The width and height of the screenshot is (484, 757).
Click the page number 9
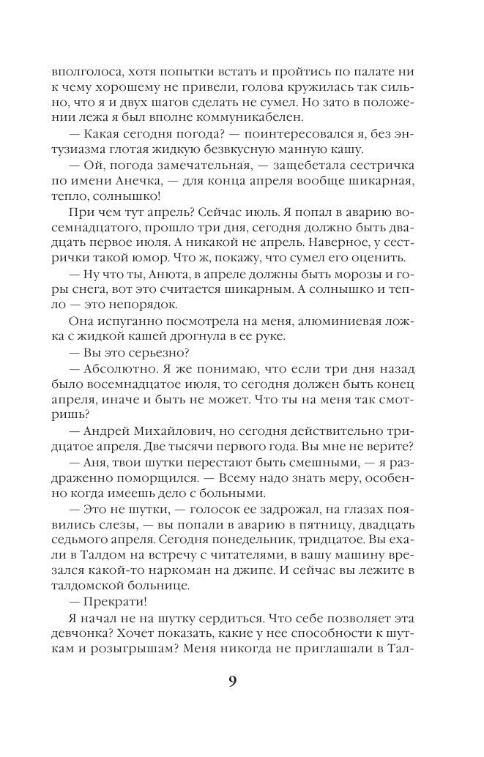tap(232, 682)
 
